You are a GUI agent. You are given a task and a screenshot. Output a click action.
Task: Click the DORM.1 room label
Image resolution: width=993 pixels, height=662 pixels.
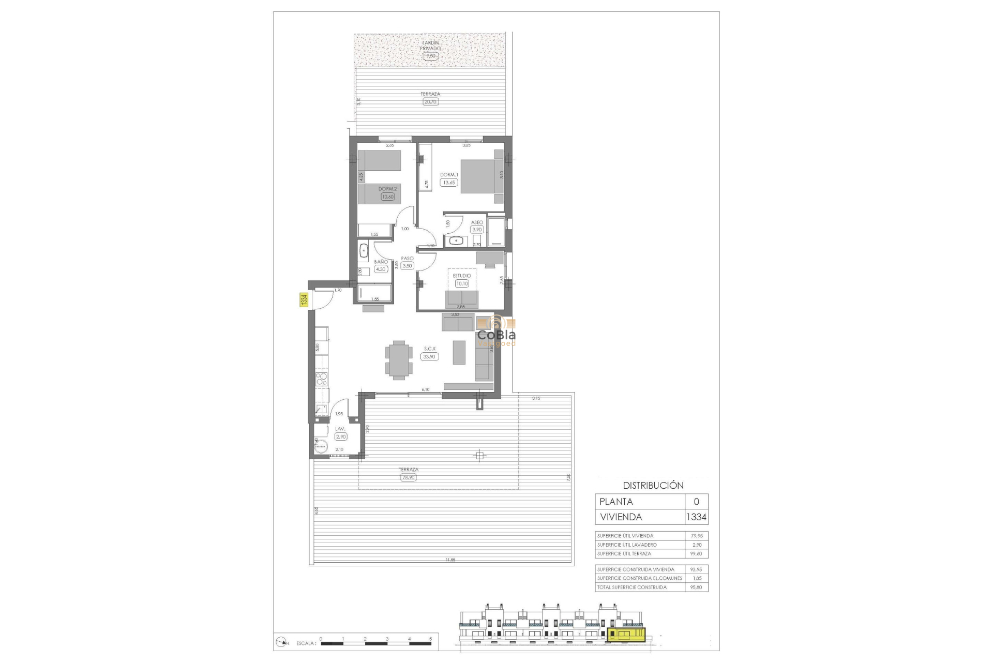pos(449,175)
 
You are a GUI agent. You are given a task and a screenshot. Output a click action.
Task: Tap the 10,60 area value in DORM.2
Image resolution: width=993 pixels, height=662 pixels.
pos(387,197)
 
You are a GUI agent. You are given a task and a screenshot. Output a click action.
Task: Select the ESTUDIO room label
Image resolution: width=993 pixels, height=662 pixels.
pos(462,276)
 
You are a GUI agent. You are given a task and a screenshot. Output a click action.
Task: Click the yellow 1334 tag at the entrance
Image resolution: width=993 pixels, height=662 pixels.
pos(304,299)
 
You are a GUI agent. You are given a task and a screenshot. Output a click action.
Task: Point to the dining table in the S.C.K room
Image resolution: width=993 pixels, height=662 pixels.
pos(399,360)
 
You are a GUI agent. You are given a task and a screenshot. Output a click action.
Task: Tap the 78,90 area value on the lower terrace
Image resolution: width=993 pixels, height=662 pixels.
pos(408,477)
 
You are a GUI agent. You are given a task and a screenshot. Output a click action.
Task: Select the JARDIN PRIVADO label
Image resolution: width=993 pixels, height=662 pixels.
pos(431,46)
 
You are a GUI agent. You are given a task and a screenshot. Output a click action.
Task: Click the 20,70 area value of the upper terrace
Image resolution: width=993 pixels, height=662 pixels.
pos(430,102)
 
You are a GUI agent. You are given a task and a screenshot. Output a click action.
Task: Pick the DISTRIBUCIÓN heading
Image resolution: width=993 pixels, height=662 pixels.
pos(653,485)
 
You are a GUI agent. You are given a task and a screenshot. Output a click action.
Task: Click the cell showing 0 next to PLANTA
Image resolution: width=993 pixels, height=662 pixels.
pos(696,501)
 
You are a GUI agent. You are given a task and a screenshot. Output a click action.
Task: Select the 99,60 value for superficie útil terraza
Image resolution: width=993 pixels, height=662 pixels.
pos(696,553)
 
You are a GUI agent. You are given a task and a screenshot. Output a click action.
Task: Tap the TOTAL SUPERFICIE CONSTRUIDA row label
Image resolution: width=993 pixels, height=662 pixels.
pos(632,587)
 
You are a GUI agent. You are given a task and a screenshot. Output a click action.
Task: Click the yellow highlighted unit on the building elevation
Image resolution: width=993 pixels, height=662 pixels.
pos(627,634)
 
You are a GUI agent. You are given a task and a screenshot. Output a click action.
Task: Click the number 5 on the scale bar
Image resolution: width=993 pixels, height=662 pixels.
pos(430,639)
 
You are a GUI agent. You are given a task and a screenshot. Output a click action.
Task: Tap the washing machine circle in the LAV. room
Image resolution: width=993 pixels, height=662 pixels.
pos(321,446)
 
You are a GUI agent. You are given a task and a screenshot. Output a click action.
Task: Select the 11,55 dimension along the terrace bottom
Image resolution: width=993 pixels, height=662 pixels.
pos(450,560)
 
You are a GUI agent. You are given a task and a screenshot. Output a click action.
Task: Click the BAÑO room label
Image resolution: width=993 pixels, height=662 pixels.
pos(381,262)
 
